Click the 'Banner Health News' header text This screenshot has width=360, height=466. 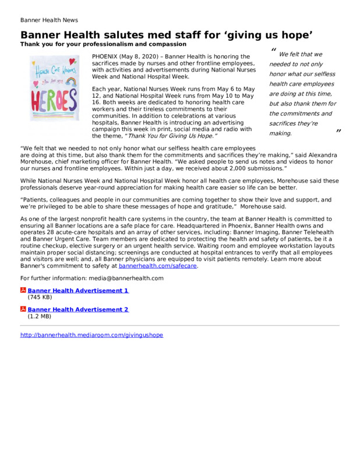click(49, 20)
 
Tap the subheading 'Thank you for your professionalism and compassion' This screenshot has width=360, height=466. click(103, 44)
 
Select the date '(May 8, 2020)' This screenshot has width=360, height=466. click(138, 55)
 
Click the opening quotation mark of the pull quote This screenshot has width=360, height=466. click(273, 51)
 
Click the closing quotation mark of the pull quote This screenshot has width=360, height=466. click(338, 134)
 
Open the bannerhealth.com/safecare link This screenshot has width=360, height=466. click(158, 266)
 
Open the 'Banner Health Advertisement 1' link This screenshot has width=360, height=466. click(78, 290)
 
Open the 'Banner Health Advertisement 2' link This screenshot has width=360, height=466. click(78, 309)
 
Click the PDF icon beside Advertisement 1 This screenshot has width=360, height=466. click(23, 290)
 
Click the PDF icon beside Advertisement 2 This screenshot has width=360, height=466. click(23, 309)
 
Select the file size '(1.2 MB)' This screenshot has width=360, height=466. click(40, 316)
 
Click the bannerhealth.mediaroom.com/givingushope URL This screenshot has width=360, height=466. click(91, 335)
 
